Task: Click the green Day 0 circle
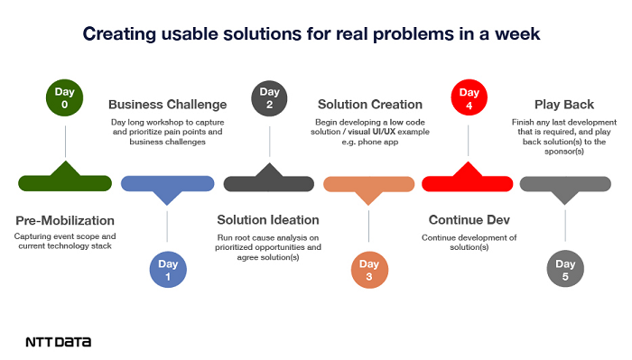click(x=65, y=99)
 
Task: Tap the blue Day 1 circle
click(x=168, y=270)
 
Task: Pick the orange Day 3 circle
click(x=370, y=270)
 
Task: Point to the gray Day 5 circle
click(x=566, y=270)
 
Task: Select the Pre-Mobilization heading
click(x=66, y=220)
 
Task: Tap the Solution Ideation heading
click(x=268, y=220)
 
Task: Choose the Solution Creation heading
click(x=370, y=104)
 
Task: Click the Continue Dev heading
click(x=469, y=220)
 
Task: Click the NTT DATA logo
click(x=58, y=342)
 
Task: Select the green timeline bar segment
click(x=65, y=182)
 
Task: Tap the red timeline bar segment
click(x=469, y=182)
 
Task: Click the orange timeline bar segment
click(x=370, y=183)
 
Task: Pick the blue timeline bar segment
click(x=168, y=183)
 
